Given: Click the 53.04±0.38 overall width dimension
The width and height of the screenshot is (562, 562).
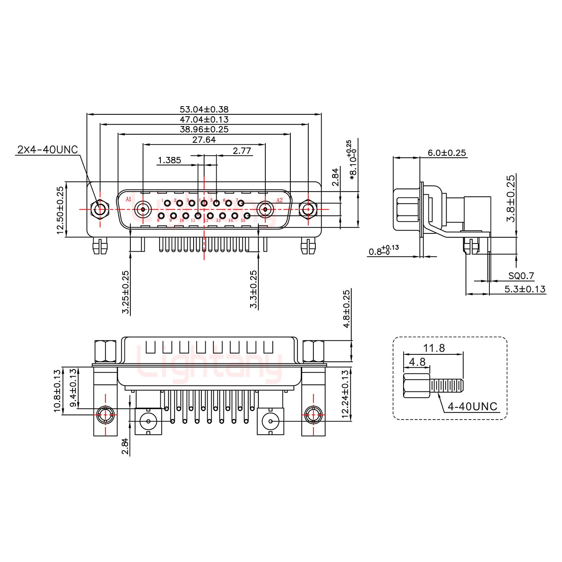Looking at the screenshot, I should point(204,110).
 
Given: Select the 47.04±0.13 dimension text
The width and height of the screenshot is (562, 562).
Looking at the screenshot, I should point(204,119).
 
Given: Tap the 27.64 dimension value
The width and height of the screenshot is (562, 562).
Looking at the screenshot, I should point(204,139).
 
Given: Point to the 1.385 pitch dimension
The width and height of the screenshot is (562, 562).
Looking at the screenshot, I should point(169,160).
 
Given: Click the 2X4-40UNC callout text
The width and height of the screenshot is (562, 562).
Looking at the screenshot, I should point(48,149).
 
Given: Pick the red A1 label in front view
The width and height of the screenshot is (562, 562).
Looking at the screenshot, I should point(128,199).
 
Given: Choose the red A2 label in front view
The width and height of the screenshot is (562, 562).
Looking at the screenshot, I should point(279,200).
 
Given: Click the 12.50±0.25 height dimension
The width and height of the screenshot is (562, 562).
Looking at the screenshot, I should point(60,210).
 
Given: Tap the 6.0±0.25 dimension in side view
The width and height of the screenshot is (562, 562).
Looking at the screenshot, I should point(447,153).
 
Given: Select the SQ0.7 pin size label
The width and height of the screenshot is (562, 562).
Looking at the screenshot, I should point(521,276).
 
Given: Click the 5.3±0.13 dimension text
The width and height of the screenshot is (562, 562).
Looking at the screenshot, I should point(525,289).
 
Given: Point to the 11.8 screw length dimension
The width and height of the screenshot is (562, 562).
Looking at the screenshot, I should point(434,348).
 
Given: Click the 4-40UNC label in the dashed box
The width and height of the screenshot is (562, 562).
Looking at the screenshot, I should point(472,407).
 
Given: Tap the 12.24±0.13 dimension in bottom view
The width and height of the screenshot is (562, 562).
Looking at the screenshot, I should point(345,394).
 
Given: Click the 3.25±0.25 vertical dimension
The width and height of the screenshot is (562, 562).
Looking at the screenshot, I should point(126,292).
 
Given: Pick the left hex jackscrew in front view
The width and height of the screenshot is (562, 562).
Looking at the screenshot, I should point(100,210).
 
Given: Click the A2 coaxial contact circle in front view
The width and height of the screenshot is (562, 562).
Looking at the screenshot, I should point(265,210).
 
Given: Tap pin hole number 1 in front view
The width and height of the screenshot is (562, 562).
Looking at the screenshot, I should point(167,203).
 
